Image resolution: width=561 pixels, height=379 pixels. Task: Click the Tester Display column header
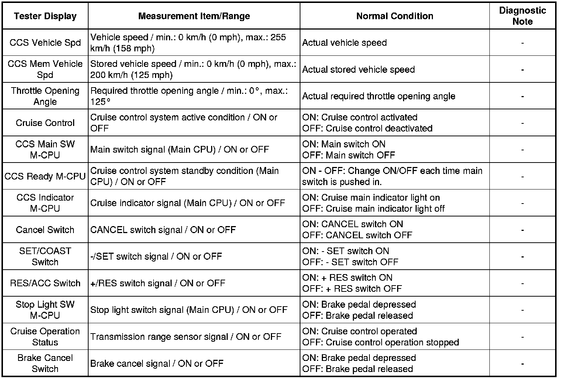pos(45,16)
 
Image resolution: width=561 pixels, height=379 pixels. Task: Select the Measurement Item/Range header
pos(194,16)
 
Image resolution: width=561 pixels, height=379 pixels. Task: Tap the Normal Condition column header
pos(395,16)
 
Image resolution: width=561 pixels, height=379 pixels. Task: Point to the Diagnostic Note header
pos(522,16)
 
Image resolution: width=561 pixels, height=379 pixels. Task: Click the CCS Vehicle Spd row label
pos(45,43)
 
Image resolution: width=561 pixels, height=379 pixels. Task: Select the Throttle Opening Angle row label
pos(45,96)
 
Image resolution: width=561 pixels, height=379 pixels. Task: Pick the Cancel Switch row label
pos(45,230)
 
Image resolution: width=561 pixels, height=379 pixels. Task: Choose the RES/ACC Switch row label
pos(45,283)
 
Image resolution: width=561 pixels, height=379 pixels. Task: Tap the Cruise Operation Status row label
pos(45,337)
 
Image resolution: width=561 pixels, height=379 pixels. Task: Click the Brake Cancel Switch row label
pos(45,363)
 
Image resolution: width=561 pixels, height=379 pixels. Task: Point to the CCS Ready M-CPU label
pos(45,177)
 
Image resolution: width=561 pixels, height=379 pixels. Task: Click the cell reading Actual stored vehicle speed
pos(358,70)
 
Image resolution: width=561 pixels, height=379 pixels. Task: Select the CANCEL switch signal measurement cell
pos(163,230)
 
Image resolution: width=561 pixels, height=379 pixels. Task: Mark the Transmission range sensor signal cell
pos(186,337)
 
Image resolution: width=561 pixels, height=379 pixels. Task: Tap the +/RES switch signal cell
pos(158,283)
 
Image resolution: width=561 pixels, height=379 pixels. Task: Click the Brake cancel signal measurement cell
pos(157,363)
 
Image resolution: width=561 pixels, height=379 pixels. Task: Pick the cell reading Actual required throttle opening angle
pos(379,96)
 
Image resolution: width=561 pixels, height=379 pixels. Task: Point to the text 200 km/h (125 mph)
pos(131,75)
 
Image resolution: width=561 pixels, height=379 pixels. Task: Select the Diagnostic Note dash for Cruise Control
pos(522,123)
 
